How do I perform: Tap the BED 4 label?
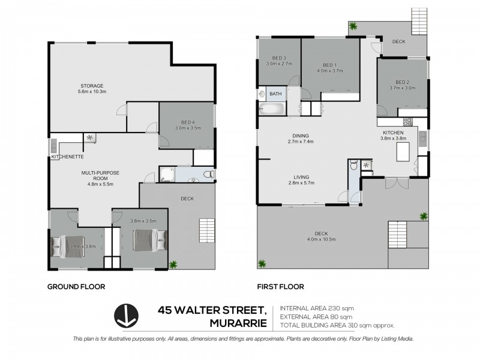(x=186, y=122)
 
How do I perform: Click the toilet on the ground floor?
(x=207, y=175)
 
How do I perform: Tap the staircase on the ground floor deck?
(x=206, y=230)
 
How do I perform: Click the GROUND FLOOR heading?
(x=76, y=287)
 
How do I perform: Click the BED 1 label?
(x=329, y=65)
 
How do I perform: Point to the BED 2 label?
(x=402, y=82)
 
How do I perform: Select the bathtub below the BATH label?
(x=272, y=109)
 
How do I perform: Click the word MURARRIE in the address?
(x=238, y=322)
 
